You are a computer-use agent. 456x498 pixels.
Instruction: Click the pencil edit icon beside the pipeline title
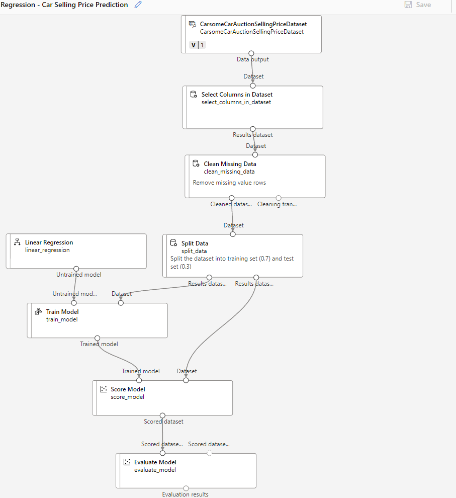click(138, 5)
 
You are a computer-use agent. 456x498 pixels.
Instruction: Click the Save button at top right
click(418, 5)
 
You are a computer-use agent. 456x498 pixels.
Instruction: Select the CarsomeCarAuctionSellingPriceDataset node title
click(253, 24)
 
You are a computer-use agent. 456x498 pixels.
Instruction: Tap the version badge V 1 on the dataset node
click(198, 45)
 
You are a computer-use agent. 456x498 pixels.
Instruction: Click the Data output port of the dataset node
click(251, 53)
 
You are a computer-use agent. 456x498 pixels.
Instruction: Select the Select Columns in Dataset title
click(237, 94)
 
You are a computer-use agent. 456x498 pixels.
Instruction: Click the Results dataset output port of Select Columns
click(253, 129)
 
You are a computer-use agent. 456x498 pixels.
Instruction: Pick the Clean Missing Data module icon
click(196, 163)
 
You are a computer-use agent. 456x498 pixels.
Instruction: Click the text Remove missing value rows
click(229, 183)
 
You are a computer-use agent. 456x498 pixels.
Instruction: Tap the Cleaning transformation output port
click(279, 198)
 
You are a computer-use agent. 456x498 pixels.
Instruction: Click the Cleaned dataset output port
click(231, 198)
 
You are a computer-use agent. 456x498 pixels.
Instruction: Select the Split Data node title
click(195, 243)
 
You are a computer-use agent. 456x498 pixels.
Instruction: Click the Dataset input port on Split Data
click(233, 234)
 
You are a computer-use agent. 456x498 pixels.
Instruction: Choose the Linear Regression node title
click(49, 242)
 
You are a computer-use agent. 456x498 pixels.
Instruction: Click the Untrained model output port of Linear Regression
click(76, 269)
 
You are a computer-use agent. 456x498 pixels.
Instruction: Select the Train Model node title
click(62, 311)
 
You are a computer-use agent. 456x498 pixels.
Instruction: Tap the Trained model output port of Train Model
click(98, 338)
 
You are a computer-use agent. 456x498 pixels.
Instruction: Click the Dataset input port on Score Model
click(186, 380)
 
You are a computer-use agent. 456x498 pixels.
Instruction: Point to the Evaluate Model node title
click(155, 462)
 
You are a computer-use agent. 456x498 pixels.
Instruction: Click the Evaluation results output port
click(186, 488)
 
